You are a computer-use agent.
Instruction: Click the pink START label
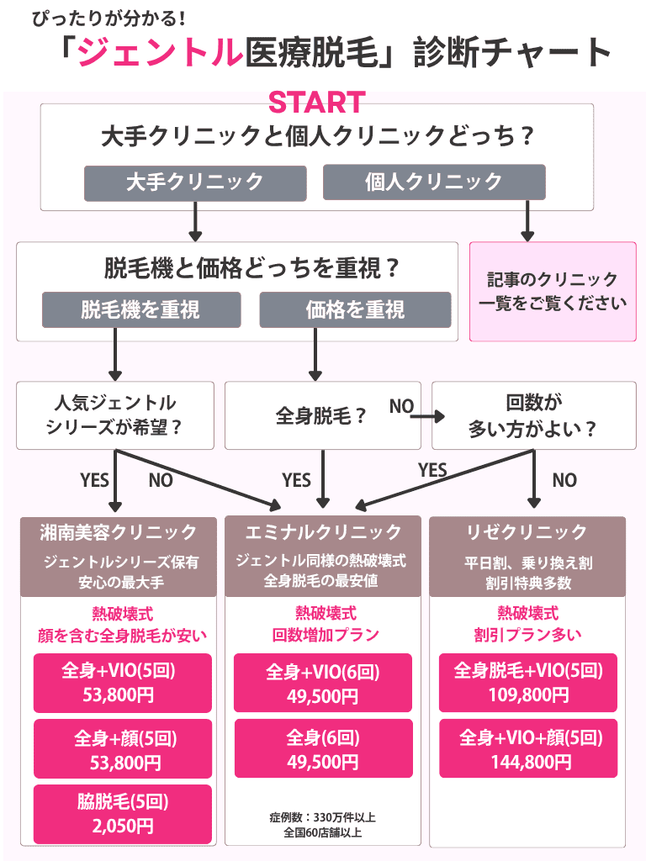tap(316, 103)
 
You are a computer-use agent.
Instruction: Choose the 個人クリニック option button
tap(434, 182)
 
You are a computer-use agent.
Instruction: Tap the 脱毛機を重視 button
tap(140, 309)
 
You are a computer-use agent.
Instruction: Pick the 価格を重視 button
tap(355, 309)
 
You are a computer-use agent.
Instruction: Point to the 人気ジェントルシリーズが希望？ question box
tap(116, 415)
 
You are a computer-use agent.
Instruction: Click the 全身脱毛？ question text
tap(322, 415)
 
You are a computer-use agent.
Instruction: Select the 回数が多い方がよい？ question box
tap(533, 415)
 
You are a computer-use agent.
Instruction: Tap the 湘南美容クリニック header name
tap(119, 531)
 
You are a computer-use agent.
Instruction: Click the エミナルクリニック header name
tap(323, 531)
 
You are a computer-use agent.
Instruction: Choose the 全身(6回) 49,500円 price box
tap(323, 748)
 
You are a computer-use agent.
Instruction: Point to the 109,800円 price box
tap(528, 683)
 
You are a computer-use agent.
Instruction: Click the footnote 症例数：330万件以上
tap(323, 816)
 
